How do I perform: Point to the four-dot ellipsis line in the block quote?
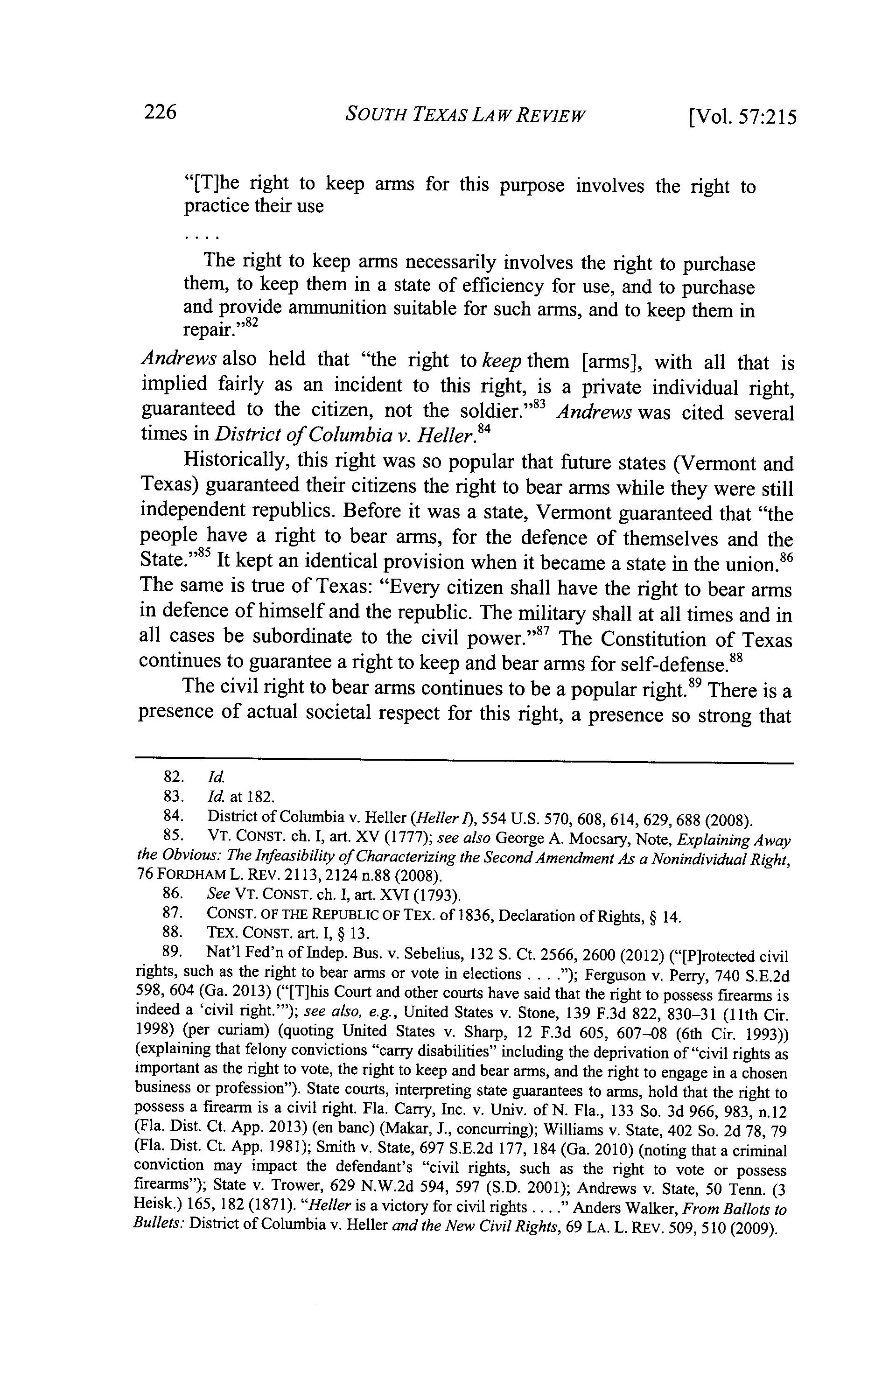pyautogui.click(x=201, y=238)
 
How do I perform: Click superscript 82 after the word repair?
pyautogui.click(x=250, y=323)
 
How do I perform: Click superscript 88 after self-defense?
pyautogui.click(x=736, y=657)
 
